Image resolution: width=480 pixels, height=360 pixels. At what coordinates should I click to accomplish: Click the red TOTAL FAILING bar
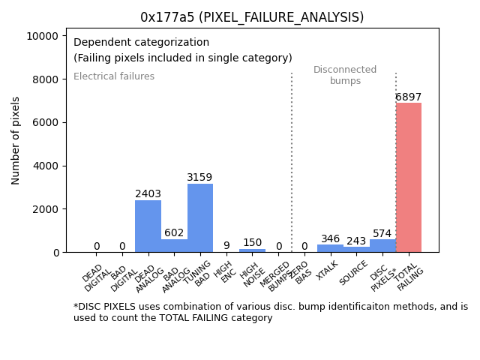(409, 178)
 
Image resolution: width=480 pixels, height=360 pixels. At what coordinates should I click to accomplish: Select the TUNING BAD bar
(200, 217)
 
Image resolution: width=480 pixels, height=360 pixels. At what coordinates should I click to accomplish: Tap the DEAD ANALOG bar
(148, 226)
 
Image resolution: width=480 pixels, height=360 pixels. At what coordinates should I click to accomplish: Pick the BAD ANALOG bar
(174, 245)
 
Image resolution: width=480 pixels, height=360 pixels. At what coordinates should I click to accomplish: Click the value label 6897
(409, 97)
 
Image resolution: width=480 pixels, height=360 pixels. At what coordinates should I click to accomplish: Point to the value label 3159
(199, 178)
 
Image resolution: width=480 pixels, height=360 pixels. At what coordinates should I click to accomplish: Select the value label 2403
(148, 194)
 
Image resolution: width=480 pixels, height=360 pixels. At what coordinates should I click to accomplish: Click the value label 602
(174, 233)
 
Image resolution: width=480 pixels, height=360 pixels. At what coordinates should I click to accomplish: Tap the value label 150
(252, 243)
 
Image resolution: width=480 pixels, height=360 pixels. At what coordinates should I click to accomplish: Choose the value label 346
(331, 239)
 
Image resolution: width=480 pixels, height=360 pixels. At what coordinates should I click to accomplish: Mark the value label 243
(356, 241)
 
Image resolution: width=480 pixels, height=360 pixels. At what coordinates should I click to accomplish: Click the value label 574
(382, 234)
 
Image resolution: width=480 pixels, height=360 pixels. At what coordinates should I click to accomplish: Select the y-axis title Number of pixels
(16, 140)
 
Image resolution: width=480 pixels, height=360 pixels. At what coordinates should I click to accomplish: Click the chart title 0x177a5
(252, 17)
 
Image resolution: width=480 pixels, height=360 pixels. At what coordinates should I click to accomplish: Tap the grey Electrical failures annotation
(114, 76)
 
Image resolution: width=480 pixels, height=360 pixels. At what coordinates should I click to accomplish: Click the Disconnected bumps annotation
(345, 75)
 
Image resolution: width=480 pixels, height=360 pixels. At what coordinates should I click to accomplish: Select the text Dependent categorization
(141, 43)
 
